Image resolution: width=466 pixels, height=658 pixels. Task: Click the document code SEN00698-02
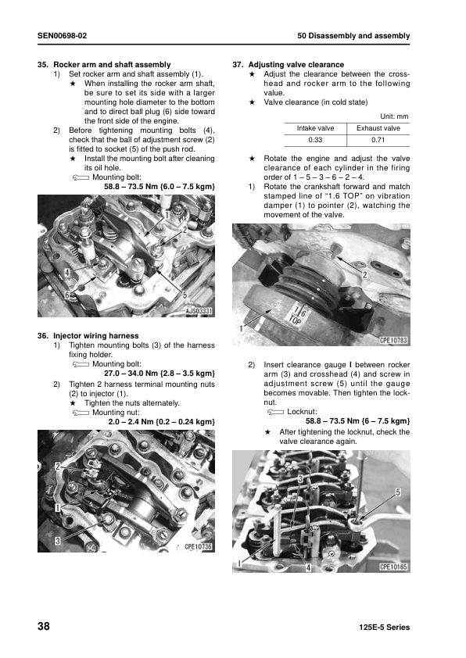(x=62, y=36)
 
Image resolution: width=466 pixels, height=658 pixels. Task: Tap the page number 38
(x=44, y=626)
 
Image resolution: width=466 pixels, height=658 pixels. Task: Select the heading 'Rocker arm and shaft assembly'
(x=112, y=65)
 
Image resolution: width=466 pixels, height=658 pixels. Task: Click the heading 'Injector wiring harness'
(x=95, y=336)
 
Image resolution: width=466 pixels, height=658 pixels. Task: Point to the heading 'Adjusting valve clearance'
(x=296, y=65)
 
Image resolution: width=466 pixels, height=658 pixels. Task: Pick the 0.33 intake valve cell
(x=315, y=140)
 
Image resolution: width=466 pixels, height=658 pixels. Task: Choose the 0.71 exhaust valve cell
(x=378, y=140)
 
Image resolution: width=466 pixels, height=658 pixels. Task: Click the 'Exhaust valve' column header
(x=378, y=128)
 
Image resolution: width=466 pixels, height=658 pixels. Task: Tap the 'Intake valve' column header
(x=315, y=128)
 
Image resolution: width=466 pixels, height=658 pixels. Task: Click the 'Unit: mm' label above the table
(x=394, y=116)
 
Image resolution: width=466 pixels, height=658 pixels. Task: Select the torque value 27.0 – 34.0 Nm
(x=132, y=373)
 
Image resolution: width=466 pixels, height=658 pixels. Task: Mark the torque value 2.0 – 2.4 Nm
(x=131, y=422)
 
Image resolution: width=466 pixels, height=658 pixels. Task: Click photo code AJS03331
(x=199, y=311)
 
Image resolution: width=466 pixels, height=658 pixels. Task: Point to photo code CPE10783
(x=393, y=340)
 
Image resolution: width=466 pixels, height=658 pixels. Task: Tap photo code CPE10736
(x=198, y=546)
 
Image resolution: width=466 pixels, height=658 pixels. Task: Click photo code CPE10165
(x=393, y=567)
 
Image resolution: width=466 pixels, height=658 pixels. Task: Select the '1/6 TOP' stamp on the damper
(x=298, y=316)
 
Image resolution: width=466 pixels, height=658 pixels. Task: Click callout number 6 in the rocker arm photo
(x=66, y=295)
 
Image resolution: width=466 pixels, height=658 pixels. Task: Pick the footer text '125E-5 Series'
(x=384, y=628)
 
